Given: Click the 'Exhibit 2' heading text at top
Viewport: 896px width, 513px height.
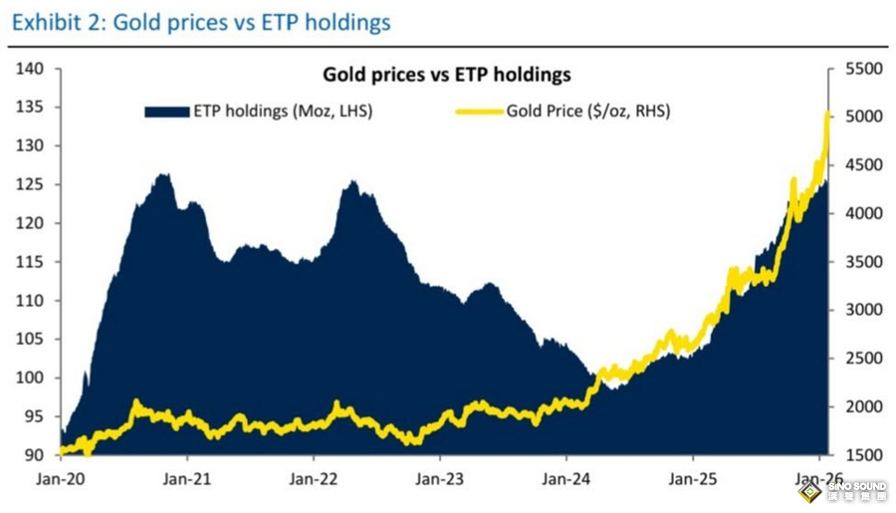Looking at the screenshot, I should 200,21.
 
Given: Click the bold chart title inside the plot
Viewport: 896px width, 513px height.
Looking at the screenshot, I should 446,75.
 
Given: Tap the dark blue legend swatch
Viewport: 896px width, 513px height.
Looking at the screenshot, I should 166,112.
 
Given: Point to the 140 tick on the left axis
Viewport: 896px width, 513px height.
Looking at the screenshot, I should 31,69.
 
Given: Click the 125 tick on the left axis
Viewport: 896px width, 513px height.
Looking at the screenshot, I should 31,184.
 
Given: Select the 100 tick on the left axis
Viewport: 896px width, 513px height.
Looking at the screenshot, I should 31,378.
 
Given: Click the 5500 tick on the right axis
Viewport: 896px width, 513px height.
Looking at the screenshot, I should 856,69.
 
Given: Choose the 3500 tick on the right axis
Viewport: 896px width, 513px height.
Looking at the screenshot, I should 856,262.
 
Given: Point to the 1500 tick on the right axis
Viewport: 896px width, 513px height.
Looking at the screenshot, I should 856,455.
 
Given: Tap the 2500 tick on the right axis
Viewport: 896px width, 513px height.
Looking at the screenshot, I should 856,359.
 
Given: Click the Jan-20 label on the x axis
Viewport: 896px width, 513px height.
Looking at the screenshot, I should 62,479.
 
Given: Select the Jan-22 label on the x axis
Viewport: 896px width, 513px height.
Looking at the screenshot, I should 315,479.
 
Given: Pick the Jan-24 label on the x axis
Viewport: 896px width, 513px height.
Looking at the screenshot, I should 567,479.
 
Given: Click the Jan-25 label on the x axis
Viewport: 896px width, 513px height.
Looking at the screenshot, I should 694,479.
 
